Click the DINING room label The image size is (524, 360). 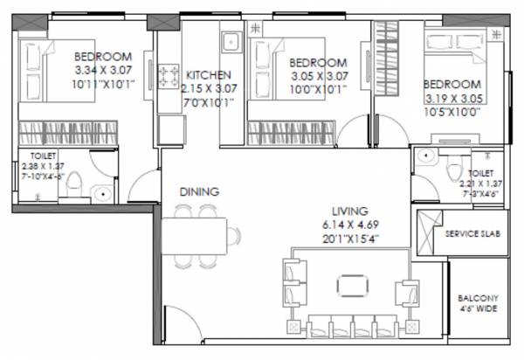click(x=199, y=191)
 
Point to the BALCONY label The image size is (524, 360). click(x=476, y=296)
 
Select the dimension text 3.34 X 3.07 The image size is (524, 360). click(x=102, y=71)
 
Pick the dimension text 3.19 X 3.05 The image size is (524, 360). click(x=453, y=99)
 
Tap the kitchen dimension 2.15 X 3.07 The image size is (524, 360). click(x=210, y=88)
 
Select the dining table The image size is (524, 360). click(x=203, y=235)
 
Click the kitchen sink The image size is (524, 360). click(x=231, y=42)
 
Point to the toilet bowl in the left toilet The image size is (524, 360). click(x=76, y=187)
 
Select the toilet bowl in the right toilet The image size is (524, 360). click(x=452, y=168)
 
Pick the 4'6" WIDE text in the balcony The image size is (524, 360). click(x=476, y=308)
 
